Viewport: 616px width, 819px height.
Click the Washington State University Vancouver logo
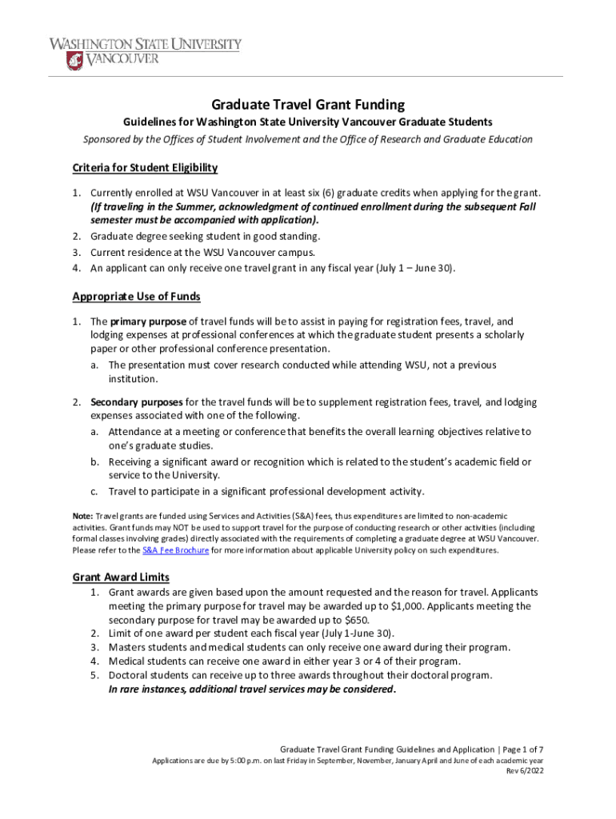(x=145, y=50)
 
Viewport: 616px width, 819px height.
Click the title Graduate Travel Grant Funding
(x=308, y=105)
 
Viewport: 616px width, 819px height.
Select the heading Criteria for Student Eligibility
(x=145, y=168)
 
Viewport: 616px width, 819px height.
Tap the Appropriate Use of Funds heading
(x=136, y=297)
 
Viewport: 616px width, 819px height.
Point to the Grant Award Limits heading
(x=121, y=577)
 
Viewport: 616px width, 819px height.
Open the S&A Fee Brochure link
(x=176, y=550)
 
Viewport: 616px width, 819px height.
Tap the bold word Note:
(x=82, y=517)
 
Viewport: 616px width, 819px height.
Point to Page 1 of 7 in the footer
(x=523, y=749)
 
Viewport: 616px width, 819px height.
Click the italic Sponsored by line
(x=308, y=139)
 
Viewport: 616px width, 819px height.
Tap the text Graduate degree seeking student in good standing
(x=205, y=237)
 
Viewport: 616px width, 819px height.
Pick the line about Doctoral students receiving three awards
(x=301, y=675)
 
